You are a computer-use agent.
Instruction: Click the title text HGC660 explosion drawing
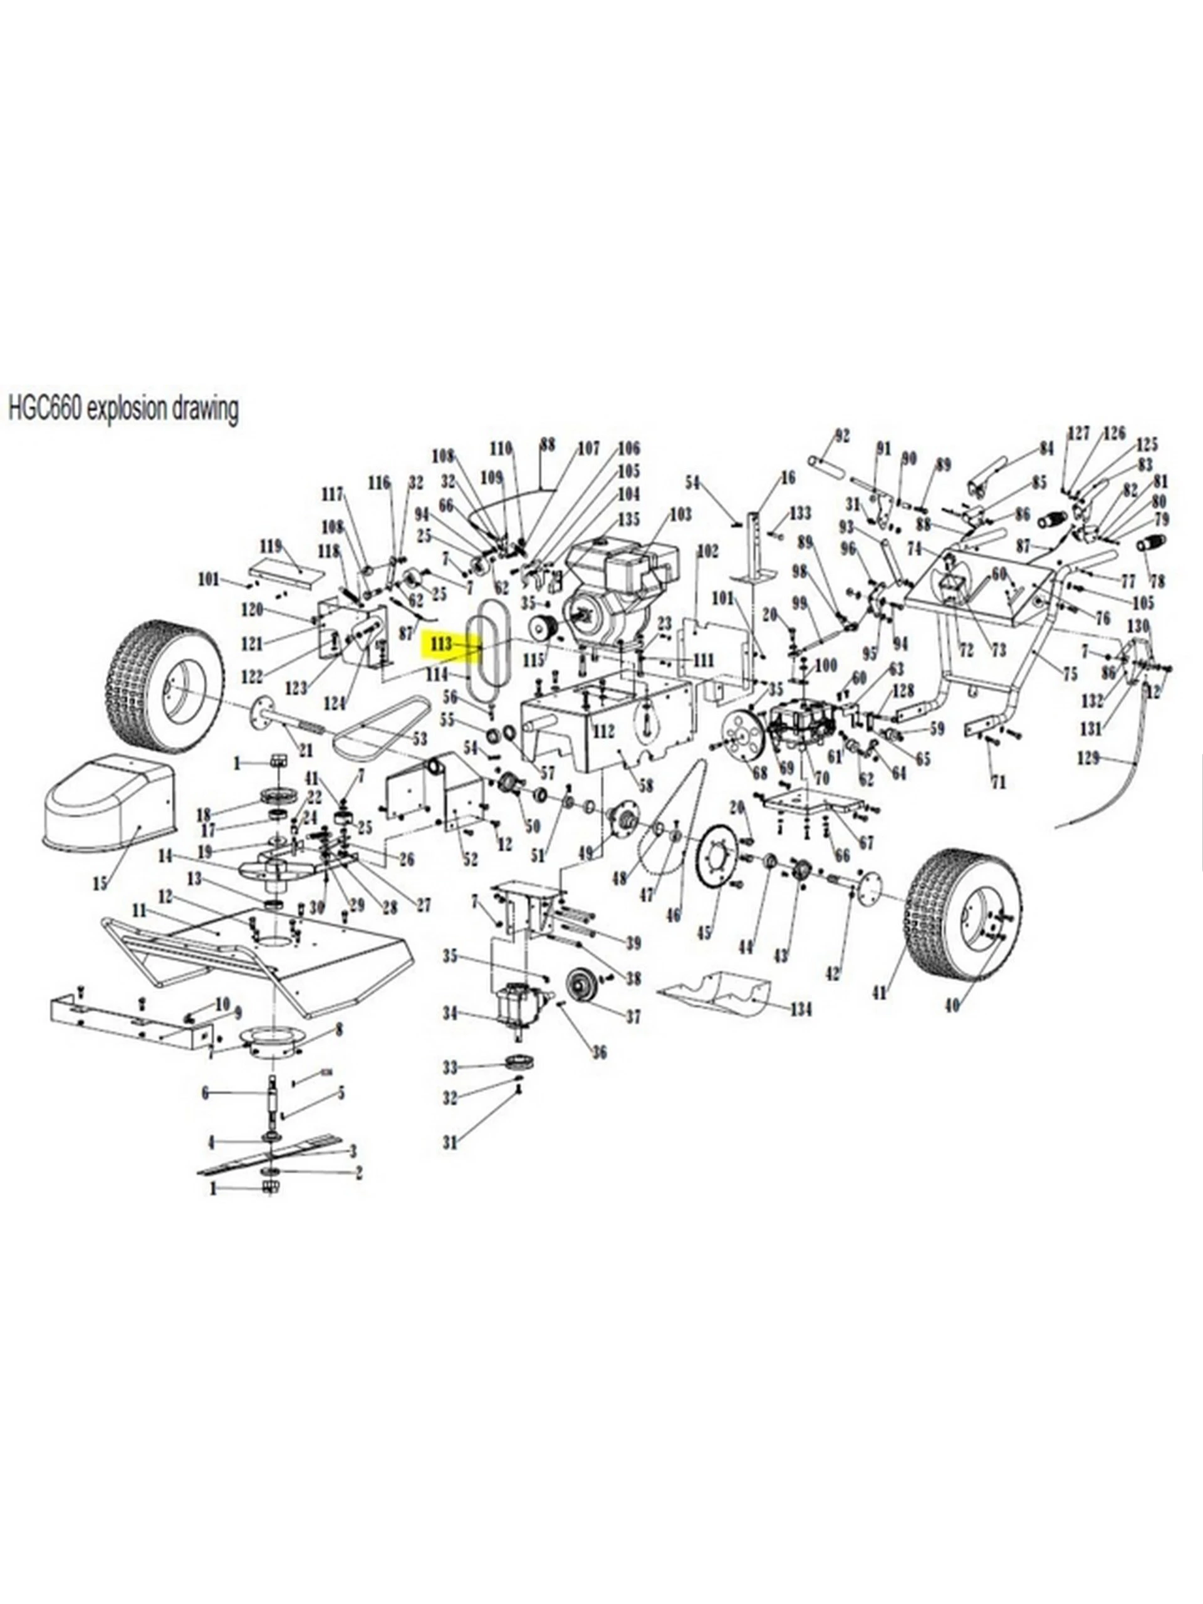[123, 409]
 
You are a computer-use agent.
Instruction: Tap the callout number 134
[801, 1009]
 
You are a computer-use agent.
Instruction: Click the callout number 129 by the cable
[1088, 758]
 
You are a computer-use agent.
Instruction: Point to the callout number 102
[707, 552]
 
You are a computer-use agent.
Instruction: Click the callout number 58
[645, 785]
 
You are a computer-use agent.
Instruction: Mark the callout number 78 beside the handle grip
[1158, 581]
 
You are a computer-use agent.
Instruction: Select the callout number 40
[952, 1006]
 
